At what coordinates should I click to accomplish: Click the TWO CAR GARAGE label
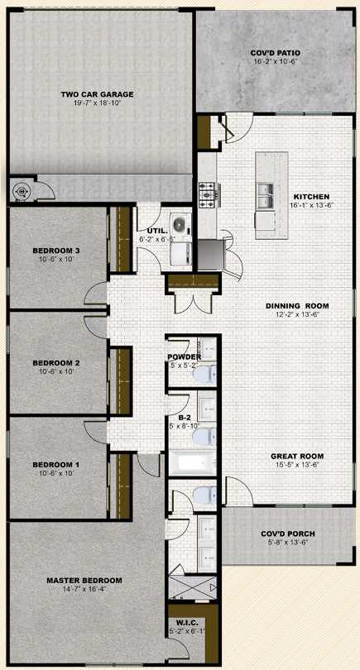97,94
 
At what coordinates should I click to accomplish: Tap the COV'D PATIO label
275,53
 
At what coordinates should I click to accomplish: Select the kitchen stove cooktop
209,195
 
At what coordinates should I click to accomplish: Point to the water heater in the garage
21,191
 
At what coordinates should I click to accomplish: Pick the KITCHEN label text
311,197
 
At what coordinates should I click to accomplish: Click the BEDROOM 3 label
56,251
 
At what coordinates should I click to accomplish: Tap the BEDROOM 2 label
56,363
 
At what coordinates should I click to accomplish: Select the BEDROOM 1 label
56,465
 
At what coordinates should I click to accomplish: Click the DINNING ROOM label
297,306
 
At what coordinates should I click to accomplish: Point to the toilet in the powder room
205,375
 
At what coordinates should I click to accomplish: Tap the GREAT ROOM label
297,456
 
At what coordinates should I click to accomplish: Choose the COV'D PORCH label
288,534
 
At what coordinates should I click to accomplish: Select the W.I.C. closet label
186,622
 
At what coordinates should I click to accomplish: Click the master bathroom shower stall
193,588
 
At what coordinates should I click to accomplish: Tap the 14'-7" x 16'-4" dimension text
84,589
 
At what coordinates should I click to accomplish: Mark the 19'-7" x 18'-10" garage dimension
97,103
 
